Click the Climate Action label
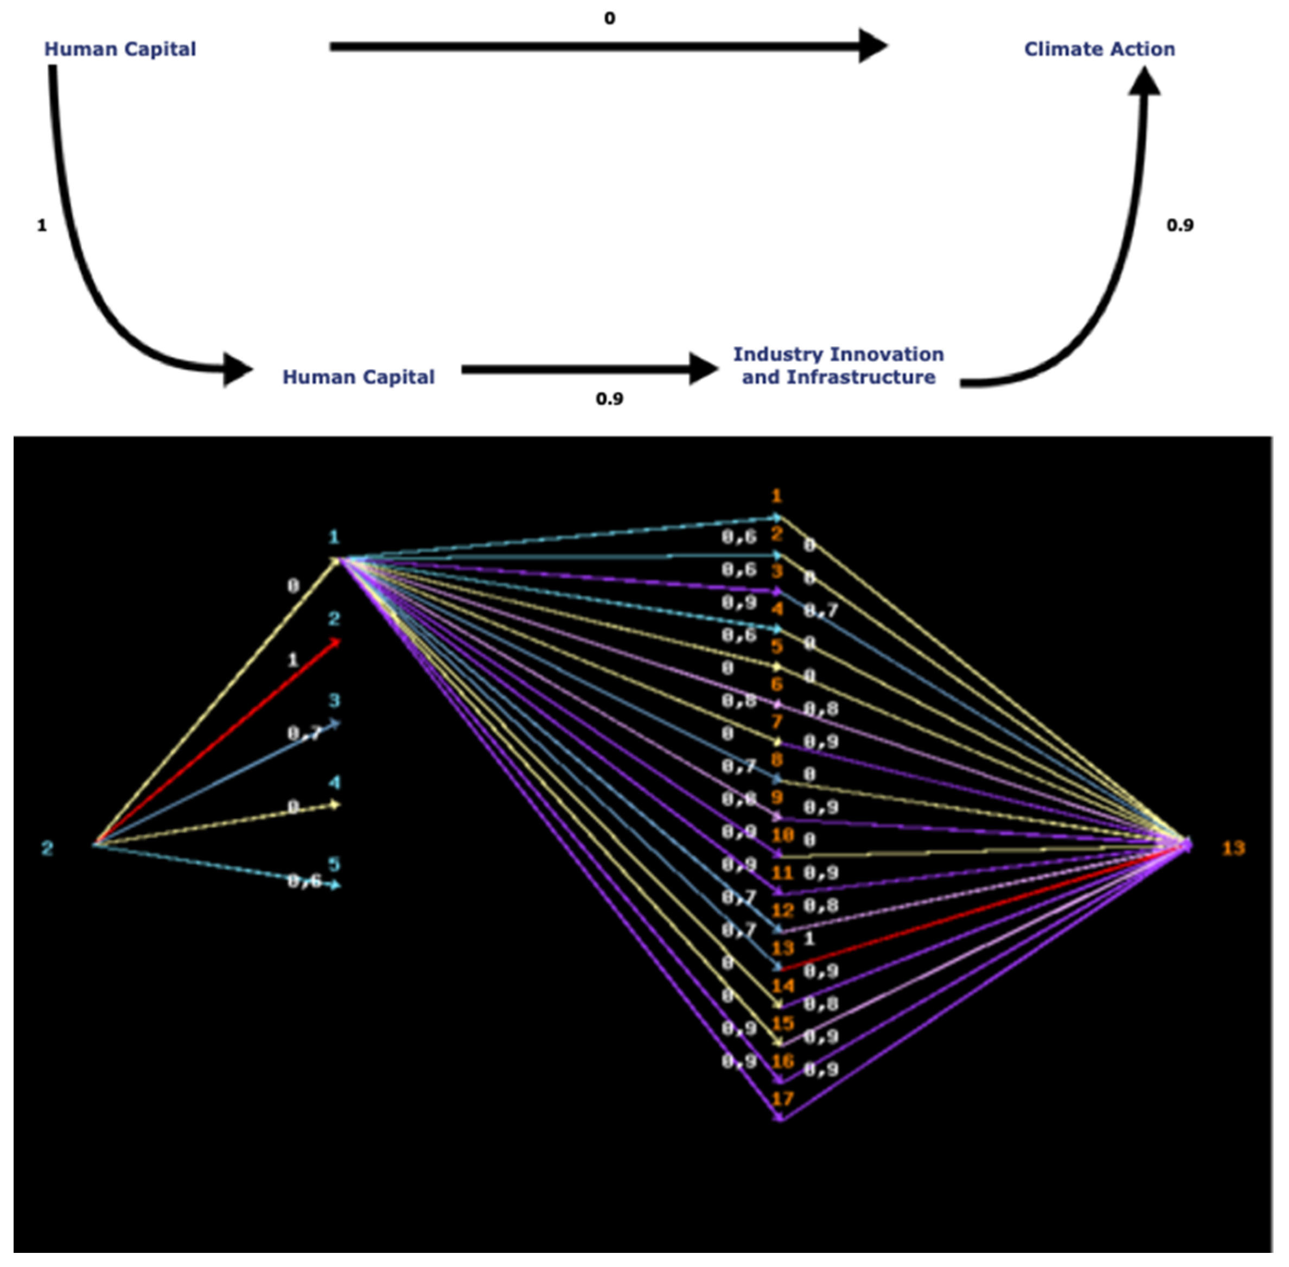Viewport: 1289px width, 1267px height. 1099,49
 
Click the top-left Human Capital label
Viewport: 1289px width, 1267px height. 120,49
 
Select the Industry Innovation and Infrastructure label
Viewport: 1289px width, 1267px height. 838,365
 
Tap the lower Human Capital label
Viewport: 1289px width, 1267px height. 359,377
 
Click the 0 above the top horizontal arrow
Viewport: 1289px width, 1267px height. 609,18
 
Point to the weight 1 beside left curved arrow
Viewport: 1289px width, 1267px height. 42,226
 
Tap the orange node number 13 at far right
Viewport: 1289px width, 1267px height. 1233,848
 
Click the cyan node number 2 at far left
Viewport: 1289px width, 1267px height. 47,848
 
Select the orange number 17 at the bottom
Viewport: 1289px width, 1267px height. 783,1099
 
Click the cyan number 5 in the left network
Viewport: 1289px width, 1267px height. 334,864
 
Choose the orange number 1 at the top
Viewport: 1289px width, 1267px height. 776,496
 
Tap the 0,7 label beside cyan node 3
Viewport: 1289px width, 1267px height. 304,733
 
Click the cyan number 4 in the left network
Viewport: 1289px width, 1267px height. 334,783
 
